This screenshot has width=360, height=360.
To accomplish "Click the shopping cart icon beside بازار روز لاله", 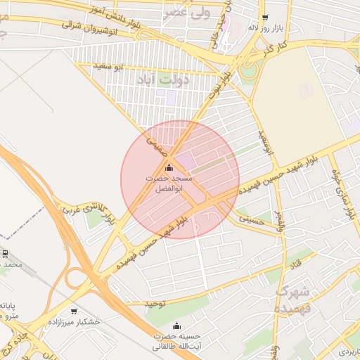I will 264,18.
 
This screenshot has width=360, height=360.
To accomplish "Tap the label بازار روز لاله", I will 264,28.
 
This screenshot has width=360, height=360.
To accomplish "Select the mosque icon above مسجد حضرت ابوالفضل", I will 168,167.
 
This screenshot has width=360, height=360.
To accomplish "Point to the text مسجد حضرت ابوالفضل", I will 168,184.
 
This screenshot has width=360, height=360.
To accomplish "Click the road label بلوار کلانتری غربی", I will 82,208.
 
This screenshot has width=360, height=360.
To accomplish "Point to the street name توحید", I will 155,304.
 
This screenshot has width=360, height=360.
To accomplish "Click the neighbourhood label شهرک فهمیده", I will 292,300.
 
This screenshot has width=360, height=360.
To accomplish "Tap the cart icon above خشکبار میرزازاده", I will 74,311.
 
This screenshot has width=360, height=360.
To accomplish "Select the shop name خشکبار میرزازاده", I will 74,321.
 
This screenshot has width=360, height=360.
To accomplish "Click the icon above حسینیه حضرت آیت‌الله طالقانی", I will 176,326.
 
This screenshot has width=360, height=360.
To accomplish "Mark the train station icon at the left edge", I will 5,253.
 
